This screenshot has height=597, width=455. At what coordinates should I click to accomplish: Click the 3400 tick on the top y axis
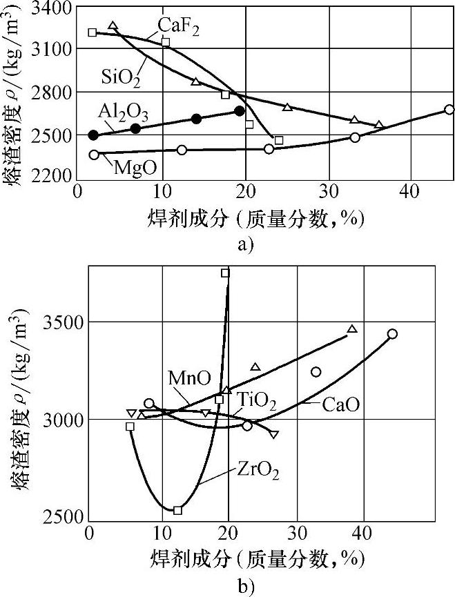click(x=54, y=8)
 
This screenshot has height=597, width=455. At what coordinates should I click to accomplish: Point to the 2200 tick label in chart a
click(x=54, y=177)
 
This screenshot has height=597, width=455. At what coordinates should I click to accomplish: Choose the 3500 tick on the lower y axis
click(x=64, y=322)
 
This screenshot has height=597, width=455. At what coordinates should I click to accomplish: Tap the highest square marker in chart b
click(x=225, y=273)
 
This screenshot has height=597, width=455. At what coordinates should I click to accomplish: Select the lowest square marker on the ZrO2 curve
click(x=177, y=510)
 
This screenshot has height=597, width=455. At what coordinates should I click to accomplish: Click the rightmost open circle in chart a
click(x=449, y=110)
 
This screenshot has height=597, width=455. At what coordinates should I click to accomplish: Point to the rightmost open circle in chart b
click(x=392, y=334)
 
